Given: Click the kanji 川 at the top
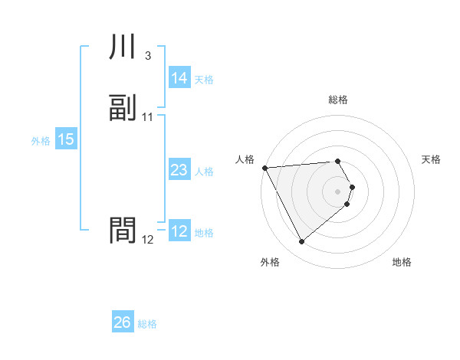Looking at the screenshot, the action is [123, 47].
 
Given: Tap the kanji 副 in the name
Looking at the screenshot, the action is [123, 108].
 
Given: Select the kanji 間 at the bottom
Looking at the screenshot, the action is [123, 231].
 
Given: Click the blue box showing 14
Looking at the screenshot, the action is [179, 78].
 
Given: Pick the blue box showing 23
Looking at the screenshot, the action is [179, 171].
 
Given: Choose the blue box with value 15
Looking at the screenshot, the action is [65, 139].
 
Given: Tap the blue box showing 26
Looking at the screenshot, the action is [122, 323].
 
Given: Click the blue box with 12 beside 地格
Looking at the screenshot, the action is [179, 232].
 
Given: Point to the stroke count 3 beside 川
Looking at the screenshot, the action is [147, 56].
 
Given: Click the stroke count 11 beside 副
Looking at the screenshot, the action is [147, 117].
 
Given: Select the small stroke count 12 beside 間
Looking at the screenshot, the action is [147, 240].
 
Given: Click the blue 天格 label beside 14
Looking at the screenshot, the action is [204, 79].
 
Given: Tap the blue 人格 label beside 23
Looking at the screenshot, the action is [204, 172].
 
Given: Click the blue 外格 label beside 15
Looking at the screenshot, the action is [41, 140].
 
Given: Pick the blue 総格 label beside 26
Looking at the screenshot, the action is [147, 324].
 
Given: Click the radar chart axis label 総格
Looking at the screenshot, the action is [338, 100].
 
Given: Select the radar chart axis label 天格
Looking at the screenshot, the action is [431, 159].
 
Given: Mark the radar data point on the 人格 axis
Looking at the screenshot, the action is [264, 168].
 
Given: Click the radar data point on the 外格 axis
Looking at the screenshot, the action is [302, 242].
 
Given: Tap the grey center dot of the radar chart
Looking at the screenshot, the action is [338, 191].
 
